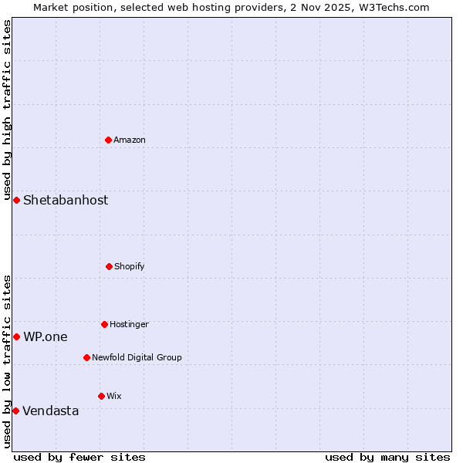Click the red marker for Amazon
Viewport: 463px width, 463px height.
109,140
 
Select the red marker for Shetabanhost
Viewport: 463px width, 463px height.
16,200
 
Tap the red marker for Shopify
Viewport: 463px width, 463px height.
109,266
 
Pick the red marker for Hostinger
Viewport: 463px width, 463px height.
104,324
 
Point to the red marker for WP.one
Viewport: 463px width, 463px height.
16,336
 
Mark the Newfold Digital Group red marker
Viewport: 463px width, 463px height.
86,357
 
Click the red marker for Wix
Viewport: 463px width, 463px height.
101,396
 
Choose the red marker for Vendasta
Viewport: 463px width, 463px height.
15,411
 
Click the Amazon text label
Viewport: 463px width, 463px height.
130,140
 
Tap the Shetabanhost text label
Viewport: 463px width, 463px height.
66,200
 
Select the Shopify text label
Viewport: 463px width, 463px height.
130,266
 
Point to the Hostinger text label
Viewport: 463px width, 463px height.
129,324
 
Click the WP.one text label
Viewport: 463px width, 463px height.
46,336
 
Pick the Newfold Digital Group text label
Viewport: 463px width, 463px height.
137,357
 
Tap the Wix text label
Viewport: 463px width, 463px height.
114,396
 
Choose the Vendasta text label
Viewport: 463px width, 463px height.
51,411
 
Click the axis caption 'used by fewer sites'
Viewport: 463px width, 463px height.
79,457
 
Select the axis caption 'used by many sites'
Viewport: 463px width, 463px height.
387,457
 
